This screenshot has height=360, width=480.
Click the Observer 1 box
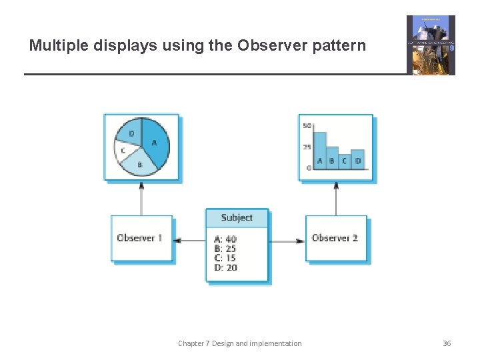pyautogui.click(x=141, y=238)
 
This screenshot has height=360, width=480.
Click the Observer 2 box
pyautogui.click(x=335, y=238)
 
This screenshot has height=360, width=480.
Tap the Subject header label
pyautogui.click(x=237, y=217)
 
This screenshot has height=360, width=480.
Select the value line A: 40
pyautogui.click(x=226, y=239)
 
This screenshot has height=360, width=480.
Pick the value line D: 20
pyautogui.click(x=226, y=267)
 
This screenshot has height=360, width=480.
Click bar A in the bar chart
pyautogui.click(x=320, y=150)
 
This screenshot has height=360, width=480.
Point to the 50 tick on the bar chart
pyautogui.click(x=307, y=126)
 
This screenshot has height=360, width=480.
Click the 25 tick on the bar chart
pyautogui.click(x=307, y=147)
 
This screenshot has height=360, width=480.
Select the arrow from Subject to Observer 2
pyautogui.click(x=287, y=240)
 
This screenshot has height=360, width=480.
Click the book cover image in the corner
pyautogui.click(x=431, y=45)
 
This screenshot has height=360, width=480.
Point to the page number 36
pyautogui.click(x=447, y=343)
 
